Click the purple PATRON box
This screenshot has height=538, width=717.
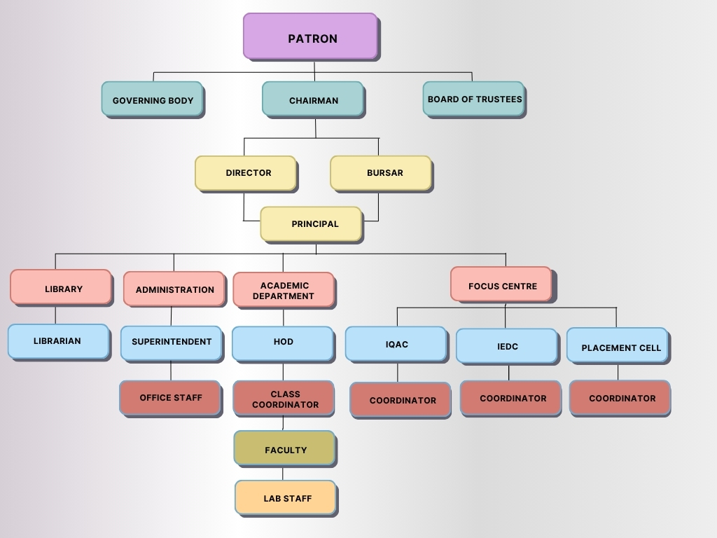click(310, 36)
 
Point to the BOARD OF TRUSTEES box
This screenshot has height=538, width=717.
click(473, 99)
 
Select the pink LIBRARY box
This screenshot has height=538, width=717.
click(61, 287)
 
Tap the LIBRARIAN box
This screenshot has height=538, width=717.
click(58, 341)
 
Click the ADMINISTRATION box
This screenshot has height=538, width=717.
click(174, 289)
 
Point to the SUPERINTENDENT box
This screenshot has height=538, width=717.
click(171, 343)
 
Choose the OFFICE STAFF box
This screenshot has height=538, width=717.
click(170, 398)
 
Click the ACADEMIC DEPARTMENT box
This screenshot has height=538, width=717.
click(283, 290)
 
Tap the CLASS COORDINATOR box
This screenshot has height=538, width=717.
click(284, 399)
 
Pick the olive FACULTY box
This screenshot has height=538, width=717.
click(284, 448)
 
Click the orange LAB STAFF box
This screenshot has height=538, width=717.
click(286, 497)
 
